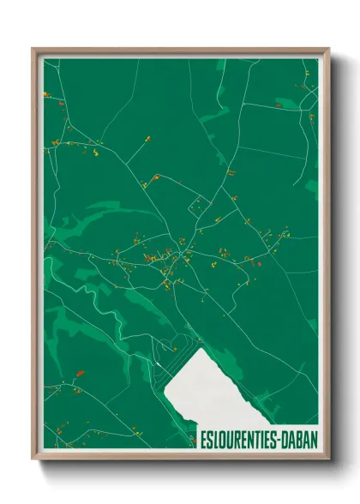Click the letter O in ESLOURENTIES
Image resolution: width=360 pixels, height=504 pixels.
click(x=223, y=435)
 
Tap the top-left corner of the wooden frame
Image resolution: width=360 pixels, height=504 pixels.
click(x=34, y=50)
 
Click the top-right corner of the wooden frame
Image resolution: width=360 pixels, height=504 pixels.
click(x=327, y=50)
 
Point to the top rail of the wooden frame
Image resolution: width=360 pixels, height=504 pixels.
click(x=180, y=51)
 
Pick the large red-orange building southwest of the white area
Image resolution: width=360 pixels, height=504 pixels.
click(x=81, y=373)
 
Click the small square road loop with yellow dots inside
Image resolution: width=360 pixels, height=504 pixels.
click(x=201, y=205)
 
